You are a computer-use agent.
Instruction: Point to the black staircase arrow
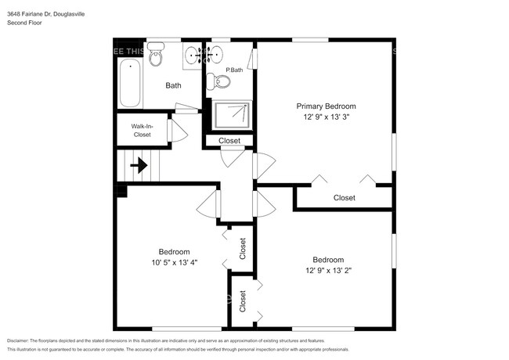coord(139,165)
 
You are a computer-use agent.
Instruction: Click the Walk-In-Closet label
coord(141,130)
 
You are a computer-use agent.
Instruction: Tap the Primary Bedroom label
coord(326,106)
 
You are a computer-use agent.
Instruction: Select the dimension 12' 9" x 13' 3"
coord(326,117)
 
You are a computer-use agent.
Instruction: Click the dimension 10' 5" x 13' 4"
coord(175,263)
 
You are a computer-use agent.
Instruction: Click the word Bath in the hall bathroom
coord(173,85)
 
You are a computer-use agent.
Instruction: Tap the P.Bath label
coord(233,70)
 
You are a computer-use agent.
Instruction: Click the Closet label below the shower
coord(229,141)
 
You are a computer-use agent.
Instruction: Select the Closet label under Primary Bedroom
coord(344,198)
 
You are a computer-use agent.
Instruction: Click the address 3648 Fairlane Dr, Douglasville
coord(47,13)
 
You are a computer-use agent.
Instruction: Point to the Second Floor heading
coord(25,23)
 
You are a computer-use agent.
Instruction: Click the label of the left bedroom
coord(175,252)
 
